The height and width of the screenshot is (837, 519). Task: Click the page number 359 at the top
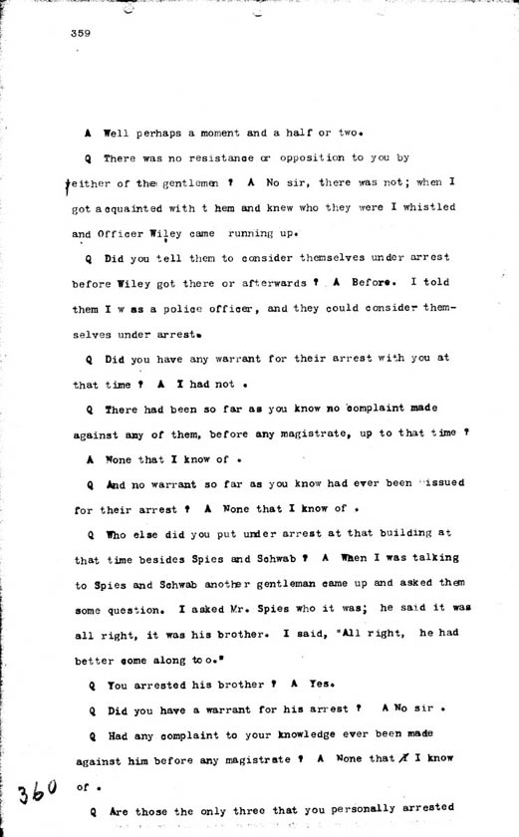click(x=82, y=33)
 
